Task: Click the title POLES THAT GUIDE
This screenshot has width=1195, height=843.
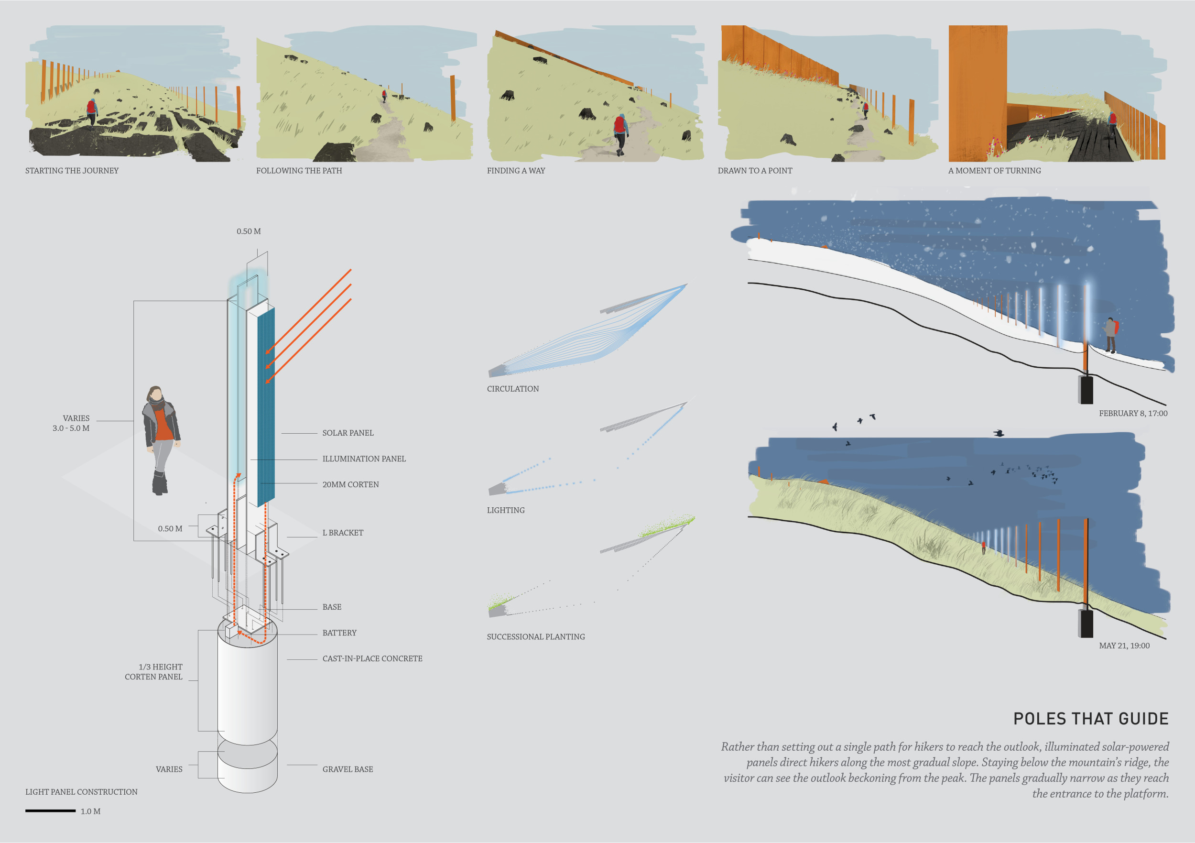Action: pyautogui.click(x=1090, y=719)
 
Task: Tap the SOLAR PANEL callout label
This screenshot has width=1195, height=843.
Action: pyautogui.click(x=348, y=433)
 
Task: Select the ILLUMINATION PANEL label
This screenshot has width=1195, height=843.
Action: pyautogui.click(x=364, y=459)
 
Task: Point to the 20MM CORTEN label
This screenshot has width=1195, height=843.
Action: pyautogui.click(x=350, y=485)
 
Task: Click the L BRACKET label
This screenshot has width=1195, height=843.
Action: pyautogui.click(x=342, y=533)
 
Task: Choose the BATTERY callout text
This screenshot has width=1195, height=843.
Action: pyautogui.click(x=339, y=633)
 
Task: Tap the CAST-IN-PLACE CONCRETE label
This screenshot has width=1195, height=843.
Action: pyautogui.click(x=372, y=659)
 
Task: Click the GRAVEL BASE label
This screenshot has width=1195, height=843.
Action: pyautogui.click(x=348, y=769)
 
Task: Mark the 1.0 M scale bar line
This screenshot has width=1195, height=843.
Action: pyautogui.click(x=51, y=810)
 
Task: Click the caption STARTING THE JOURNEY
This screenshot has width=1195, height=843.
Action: pyautogui.click(x=72, y=171)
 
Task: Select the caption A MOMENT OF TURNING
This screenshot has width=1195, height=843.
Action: pyautogui.click(x=995, y=171)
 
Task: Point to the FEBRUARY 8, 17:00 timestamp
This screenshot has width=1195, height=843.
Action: pyautogui.click(x=1133, y=414)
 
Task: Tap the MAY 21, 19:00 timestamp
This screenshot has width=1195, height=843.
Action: pyautogui.click(x=1124, y=646)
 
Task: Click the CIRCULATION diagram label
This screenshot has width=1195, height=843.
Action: pyautogui.click(x=513, y=389)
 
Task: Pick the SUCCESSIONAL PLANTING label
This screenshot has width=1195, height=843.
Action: pyautogui.click(x=535, y=637)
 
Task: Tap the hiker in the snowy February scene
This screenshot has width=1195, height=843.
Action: pyautogui.click(x=1110, y=335)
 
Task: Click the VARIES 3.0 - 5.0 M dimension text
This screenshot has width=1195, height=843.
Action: pyautogui.click(x=71, y=423)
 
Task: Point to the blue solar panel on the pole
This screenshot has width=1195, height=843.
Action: pyautogui.click(x=266, y=406)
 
